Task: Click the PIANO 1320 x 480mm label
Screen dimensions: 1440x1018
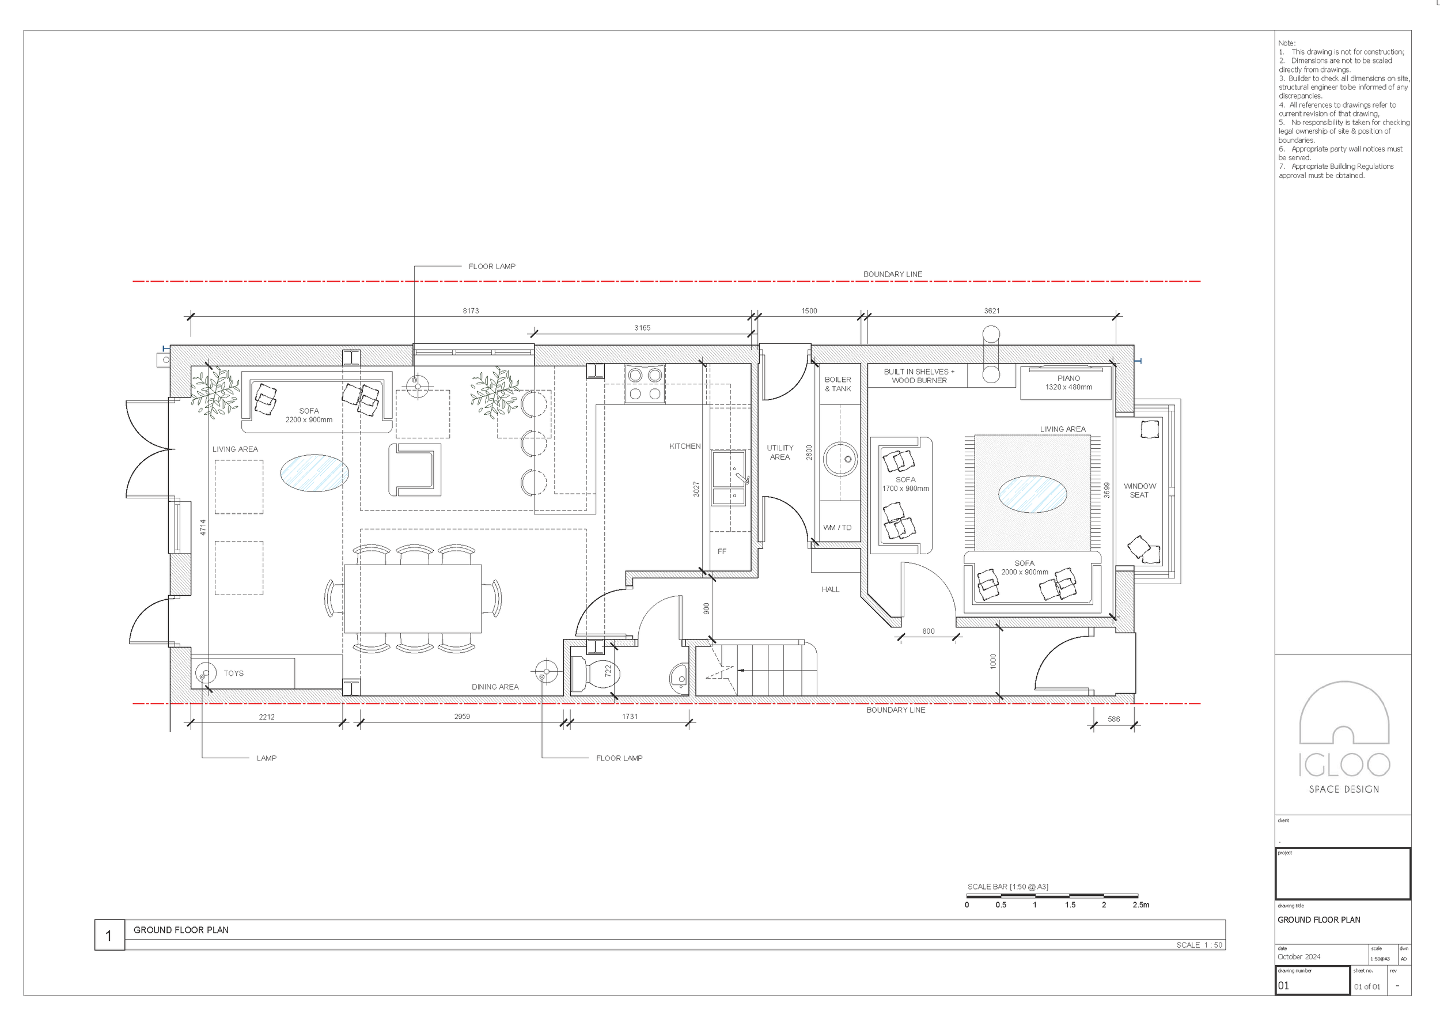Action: tap(1068, 383)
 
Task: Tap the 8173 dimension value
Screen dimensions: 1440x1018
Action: tap(471, 311)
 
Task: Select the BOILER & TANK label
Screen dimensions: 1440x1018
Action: tap(838, 384)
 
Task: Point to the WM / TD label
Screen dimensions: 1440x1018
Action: tap(838, 528)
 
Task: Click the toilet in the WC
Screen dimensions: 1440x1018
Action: tap(596, 674)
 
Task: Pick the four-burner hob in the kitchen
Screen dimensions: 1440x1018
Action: tap(645, 384)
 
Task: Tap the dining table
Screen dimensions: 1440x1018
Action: tap(412, 599)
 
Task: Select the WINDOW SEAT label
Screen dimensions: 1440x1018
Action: tap(1139, 490)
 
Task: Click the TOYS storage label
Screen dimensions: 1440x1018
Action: tap(233, 673)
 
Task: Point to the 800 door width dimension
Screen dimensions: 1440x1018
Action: tap(928, 631)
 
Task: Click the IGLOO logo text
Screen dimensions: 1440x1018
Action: tap(1343, 765)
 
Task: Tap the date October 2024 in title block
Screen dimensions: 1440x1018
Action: tap(1299, 956)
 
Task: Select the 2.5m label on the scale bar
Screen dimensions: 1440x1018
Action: tap(1141, 905)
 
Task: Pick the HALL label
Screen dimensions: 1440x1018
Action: tap(831, 589)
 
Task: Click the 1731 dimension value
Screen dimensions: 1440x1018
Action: tap(630, 716)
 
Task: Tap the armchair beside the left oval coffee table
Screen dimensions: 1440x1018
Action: tap(414, 469)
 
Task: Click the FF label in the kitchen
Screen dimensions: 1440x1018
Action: tap(722, 551)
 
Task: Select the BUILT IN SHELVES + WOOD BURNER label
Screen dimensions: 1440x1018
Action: tap(919, 376)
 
